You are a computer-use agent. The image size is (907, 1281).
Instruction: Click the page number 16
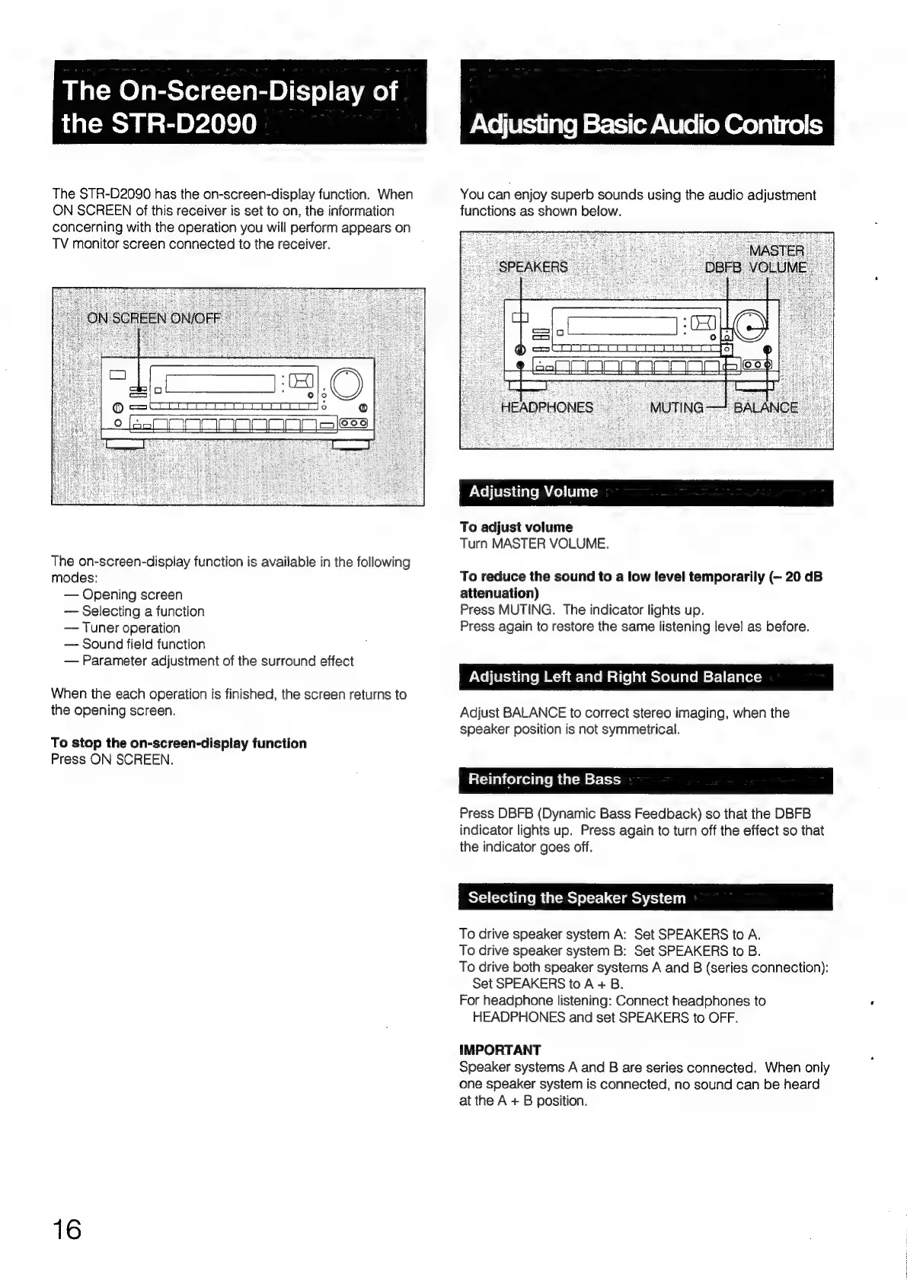(x=67, y=1228)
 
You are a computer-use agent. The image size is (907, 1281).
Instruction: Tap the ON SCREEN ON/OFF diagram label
(x=154, y=318)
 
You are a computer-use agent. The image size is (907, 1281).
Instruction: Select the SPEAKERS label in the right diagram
(x=533, y=267)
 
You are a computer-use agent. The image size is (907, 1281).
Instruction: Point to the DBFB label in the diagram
(x=723, y=267)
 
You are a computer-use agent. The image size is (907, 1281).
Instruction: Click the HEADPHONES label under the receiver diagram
(x=547, y=407)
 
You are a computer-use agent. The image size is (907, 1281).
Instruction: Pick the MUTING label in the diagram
(x=676, y=407)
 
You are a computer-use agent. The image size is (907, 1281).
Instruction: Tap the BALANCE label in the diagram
(x=765, y=407)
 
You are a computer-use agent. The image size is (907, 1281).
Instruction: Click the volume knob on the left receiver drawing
(x=347, y=383)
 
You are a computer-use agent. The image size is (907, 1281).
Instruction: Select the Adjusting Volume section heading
(x=533, y=492)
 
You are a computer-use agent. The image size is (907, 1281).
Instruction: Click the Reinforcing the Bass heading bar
(x=545, y=779)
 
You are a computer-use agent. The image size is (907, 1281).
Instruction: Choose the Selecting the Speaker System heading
(x=576, y=898)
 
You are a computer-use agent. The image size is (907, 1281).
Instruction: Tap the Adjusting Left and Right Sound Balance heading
(x=615, y=677)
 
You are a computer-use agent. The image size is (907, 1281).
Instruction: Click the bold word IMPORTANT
(x=500, y=1050)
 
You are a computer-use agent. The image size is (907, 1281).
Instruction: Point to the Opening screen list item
(x=132, y=594)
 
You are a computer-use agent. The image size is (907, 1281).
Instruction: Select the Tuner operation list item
(x=131, y=628)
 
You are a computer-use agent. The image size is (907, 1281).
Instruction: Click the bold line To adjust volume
(x=516, y=527)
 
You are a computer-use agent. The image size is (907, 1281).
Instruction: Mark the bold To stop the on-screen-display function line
(x=179, y=743)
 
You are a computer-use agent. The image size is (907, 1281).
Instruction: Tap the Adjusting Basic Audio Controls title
(x=647, y=124)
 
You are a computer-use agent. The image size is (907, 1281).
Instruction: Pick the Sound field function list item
(x=143, y=644)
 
